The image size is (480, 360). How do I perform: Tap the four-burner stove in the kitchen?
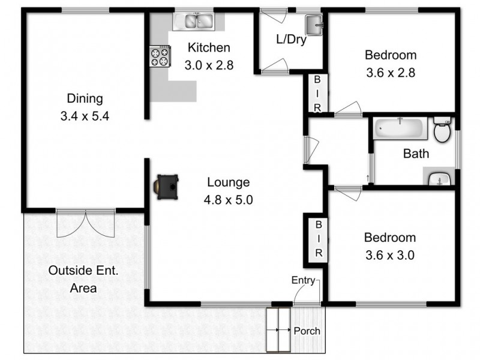click(160, 56)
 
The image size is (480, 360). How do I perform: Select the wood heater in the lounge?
click(166, 187)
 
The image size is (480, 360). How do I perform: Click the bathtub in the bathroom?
click(400, 128)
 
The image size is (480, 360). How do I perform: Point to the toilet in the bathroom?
click(442, 130)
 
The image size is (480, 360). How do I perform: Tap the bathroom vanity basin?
click(440, 178)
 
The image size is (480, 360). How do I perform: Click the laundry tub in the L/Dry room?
click(314, 25)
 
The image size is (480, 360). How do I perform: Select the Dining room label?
click(85, 98)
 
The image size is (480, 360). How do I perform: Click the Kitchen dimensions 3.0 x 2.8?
click(209, 65)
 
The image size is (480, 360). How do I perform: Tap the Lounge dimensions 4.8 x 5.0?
click(229, 200)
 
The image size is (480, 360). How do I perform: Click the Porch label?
click(307, 331)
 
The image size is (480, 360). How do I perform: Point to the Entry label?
click(303, 280)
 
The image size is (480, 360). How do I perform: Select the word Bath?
click(416, 154)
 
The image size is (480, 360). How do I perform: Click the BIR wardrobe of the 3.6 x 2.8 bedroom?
click(317, 94)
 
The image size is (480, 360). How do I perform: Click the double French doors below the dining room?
click(86, 224)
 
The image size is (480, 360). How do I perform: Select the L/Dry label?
click(291, 40)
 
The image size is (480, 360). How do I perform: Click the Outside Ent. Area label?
click(83, 279)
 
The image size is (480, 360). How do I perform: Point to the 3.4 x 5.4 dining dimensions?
click(85, 116)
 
